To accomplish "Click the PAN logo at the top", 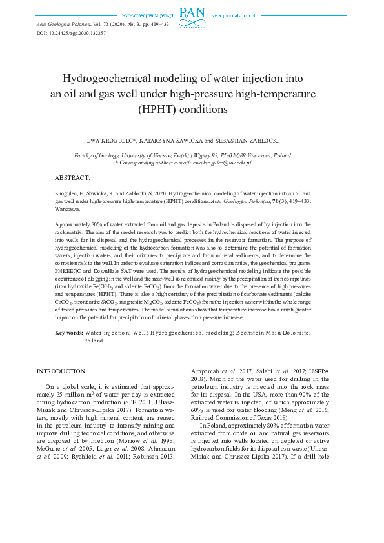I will click(192, 14).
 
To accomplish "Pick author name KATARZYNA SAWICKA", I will click(175, 140).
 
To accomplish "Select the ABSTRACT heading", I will click(72, 177).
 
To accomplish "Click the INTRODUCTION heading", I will click(61, 371).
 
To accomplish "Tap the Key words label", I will click(68, 332).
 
